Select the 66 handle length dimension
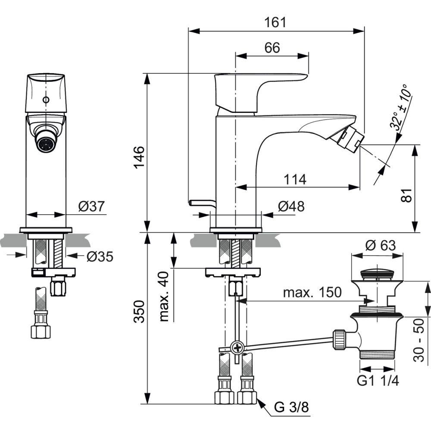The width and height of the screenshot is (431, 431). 272,48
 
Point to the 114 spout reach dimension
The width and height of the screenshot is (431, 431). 295,179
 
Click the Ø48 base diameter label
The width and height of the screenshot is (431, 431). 291,206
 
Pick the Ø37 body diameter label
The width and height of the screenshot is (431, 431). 92,207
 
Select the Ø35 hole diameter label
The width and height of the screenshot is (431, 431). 100,257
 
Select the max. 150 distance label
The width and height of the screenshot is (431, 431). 312,293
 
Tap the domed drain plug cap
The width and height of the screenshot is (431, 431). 378,272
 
